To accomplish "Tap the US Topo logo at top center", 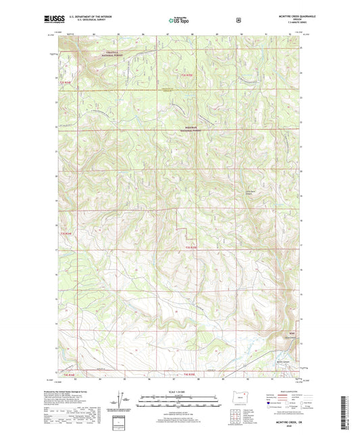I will click(x=179, y=21).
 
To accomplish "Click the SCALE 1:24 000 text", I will click(x=179, y=392).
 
